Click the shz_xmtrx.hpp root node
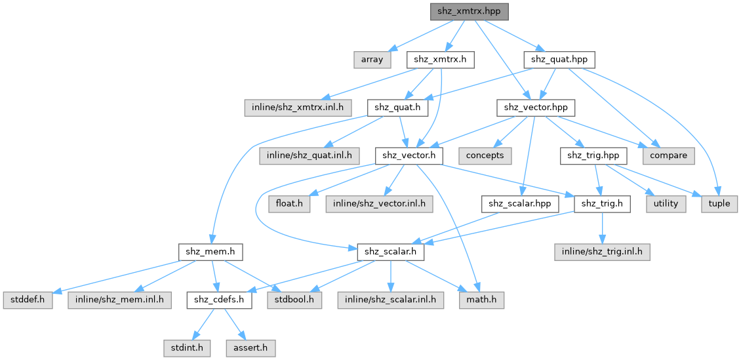(x=469, y=11)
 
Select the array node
(x=372, y=59)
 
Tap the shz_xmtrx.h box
(x=441, y=59)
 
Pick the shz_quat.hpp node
(x=559, y=59)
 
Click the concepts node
(x=486, y=155)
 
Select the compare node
(x=669, y=155)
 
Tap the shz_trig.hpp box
(x=593, y=155)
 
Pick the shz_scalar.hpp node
(x=519, y=204)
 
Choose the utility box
(x=666, y=204)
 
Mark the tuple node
(x=720, y=204)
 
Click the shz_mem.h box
(x=210, y=252)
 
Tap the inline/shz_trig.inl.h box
(x=601, y=252)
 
